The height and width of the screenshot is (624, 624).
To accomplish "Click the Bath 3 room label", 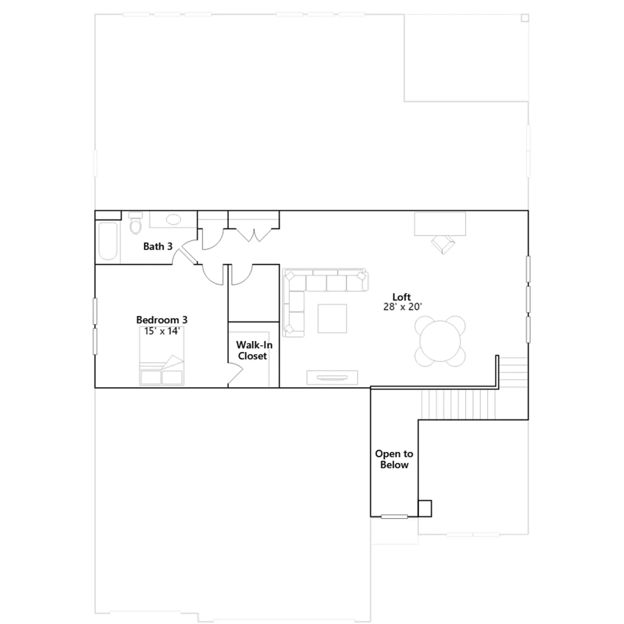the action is coord(158,246).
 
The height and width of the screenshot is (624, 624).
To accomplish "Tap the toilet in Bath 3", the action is coord(135,223).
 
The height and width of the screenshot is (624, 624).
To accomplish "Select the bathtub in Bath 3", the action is coord(108,241).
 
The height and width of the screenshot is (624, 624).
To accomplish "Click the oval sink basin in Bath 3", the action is coord(174,220).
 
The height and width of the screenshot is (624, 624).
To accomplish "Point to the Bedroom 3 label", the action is coord(162,320).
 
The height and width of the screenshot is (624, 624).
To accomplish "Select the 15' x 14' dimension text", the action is coord(162,331).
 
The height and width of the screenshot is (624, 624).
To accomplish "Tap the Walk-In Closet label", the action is coord(254,350).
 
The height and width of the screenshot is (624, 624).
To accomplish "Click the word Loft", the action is coord(402,297).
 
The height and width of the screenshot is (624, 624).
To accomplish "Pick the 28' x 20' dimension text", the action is coord(402,307).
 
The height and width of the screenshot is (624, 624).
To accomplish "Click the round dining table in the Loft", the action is coord(440,341).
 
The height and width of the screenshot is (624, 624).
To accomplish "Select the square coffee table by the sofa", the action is coord(332,319).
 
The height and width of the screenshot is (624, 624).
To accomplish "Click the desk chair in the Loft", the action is coord(443,244).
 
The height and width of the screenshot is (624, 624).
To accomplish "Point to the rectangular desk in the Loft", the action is coord(440,224).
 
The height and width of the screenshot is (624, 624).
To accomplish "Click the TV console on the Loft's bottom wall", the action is coord(332,378).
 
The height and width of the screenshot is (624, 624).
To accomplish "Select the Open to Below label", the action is coord(394,459).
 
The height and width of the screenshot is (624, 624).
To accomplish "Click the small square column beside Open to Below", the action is coord(425,509).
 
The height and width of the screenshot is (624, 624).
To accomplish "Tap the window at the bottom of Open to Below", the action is coord(394,517).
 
